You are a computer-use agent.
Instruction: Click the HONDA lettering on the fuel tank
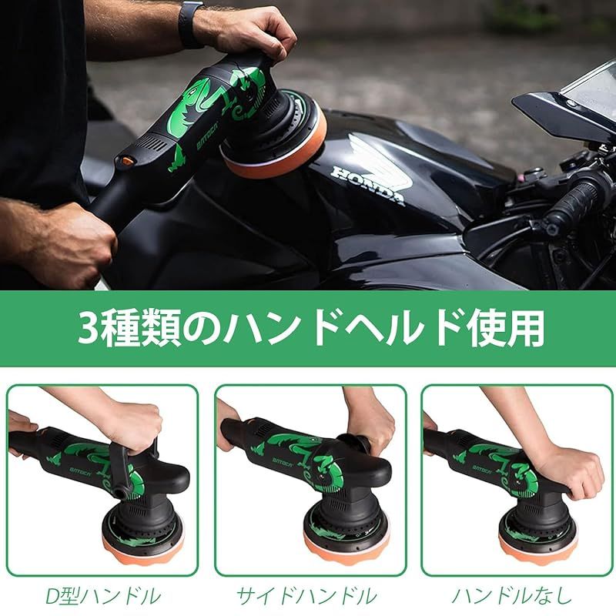pyautogui.click(x=368, y=183)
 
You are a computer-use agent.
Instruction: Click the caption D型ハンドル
pyautogui.click(x=103, y=595)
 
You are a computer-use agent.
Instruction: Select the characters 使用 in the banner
pyautogui.click(x=511, y=327)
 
